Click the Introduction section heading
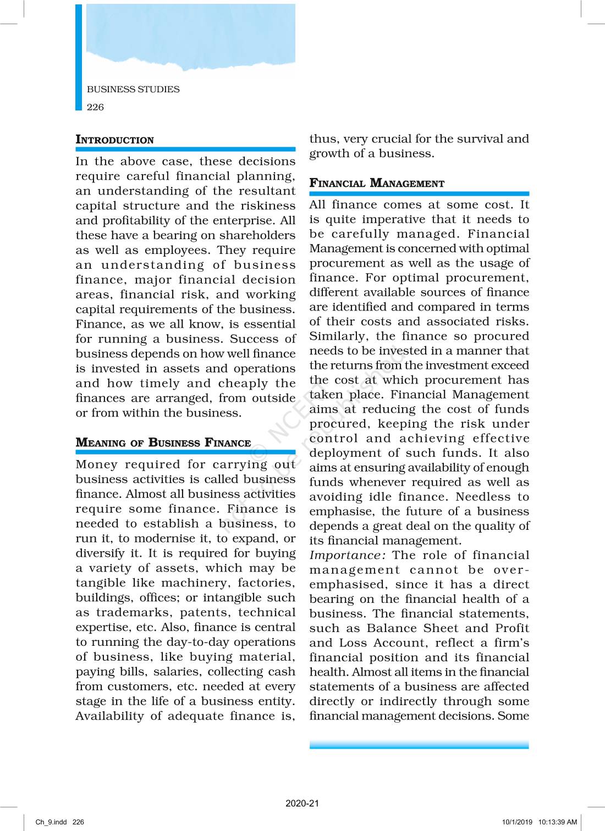[114, 140]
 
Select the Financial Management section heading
[377, 183]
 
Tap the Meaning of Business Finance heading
[163, 442]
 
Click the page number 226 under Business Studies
[95, 107]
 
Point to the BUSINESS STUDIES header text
[133, 89]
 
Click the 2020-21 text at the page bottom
[302, 803]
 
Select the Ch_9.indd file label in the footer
[51, 822]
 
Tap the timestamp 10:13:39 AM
[557, 822]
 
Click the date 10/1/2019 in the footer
[517, 822]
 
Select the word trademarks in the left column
[131, 612]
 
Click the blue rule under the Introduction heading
[185, 149]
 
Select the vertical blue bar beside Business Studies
[79, 58]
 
